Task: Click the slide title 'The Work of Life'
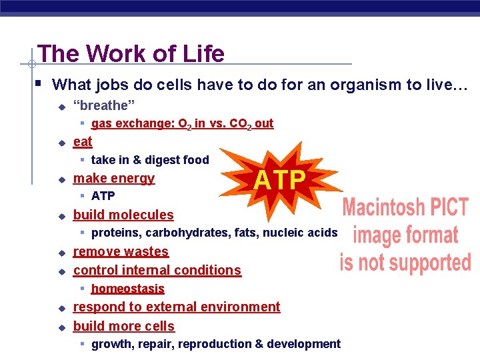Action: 131,53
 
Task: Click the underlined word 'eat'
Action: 83,141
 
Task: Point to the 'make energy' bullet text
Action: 113,178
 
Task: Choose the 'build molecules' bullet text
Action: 123,215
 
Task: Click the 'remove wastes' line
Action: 121,251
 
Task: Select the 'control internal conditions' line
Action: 157,270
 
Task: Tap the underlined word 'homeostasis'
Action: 127,289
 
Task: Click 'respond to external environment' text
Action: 176,307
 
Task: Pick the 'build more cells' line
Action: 123,326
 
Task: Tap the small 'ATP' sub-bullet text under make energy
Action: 103,196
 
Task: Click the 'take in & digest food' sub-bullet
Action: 150,160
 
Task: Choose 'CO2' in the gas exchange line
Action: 238,124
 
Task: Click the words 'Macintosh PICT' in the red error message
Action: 405,207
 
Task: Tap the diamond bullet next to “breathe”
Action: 61,106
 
